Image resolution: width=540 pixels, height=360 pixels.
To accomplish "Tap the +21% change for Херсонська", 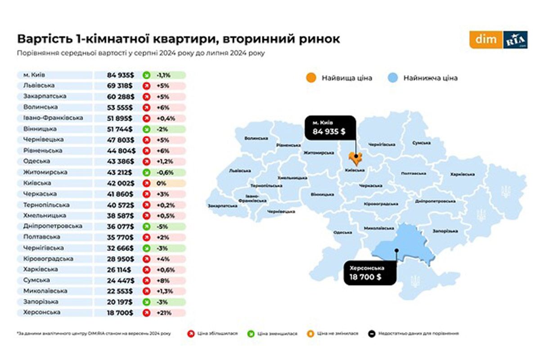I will point(162,313).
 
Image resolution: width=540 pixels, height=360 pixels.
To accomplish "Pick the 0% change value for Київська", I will point(161,183).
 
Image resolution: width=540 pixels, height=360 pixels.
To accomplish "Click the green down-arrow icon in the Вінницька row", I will point(146,129).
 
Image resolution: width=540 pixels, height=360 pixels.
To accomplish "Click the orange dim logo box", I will point(486,40).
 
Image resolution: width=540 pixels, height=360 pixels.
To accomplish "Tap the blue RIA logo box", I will point(515,40).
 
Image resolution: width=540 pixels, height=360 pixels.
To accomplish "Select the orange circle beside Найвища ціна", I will point(310,77).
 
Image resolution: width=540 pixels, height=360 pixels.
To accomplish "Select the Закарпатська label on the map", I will point(223,205).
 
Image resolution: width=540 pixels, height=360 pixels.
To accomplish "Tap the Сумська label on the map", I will point(422,143).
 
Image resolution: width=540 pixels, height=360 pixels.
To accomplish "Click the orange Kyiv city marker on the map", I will point(355,159).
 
